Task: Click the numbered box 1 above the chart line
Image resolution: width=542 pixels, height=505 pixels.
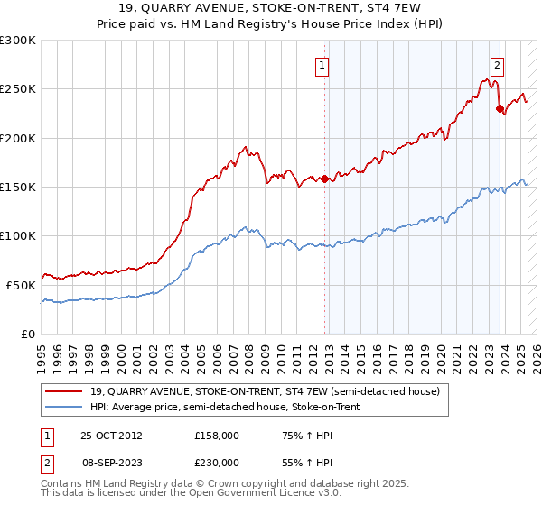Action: click(322, 64)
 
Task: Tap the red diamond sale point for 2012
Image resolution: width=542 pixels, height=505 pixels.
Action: click(324, 179)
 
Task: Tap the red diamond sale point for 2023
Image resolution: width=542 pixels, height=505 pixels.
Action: click(499, 108)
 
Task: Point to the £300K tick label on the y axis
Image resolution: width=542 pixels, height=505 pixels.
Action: click(18, 41)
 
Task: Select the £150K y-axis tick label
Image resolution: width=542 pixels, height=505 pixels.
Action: click(18, 187)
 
